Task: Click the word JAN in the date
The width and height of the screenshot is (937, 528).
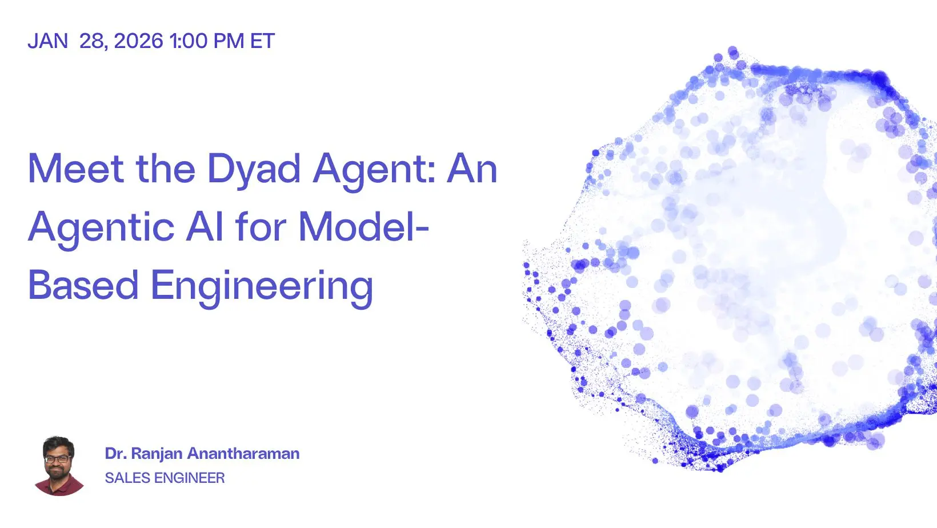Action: point(47,41)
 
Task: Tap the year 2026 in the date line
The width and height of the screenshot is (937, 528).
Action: point(138,41)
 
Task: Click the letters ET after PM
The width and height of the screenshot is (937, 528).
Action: point(262,41)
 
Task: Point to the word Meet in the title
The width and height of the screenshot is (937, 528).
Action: point(76,168)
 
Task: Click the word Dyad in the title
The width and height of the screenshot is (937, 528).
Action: point(254,171)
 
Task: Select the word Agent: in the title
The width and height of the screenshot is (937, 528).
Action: point(374,171)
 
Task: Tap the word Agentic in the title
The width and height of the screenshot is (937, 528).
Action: point(101,230)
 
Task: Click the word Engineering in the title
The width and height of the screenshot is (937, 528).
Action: point(262,288)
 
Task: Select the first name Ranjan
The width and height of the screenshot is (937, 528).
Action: point(157,454)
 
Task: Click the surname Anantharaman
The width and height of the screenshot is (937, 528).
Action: point(243,454)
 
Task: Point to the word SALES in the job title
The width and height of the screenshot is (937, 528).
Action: point(127,478)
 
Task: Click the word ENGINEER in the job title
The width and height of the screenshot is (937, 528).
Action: point(190,478)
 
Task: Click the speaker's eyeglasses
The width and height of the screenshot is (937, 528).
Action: point(58,459)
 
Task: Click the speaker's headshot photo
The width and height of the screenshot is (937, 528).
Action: point(59,466)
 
